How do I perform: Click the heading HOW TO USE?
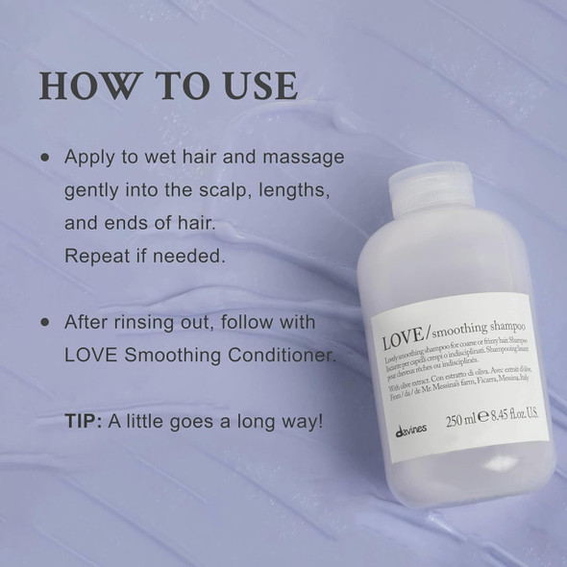[168, 85]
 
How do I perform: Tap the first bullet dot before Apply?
[43, 156]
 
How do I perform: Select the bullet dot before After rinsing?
[43, 321]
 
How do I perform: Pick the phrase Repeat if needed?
[144, 259]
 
